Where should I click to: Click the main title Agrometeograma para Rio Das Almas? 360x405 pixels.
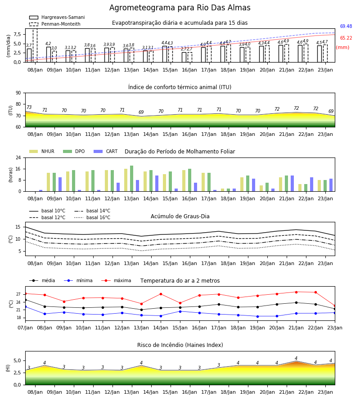180,8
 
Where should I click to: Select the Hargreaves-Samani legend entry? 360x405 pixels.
57,17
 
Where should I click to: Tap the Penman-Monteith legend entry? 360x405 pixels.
55,24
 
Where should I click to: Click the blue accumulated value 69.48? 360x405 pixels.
346,27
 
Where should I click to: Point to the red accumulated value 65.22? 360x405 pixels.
346,38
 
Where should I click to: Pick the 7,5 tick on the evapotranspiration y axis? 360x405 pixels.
17,34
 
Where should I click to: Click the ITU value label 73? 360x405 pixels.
29,107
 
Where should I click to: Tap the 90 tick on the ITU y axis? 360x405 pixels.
18,93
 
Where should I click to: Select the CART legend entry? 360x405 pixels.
105,151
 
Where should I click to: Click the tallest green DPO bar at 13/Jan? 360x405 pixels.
132,179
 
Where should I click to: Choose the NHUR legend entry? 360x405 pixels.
41,151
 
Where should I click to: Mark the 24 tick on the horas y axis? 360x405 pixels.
18,157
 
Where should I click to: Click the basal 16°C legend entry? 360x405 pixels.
92,217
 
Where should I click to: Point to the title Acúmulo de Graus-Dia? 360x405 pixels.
180,216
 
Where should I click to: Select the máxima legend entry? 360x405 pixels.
116,280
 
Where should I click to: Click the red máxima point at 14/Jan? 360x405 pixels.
161,294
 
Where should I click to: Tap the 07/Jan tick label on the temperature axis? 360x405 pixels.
25,328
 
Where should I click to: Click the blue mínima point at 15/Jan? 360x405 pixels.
180,311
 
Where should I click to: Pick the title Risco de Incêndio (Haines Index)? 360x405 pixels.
180,345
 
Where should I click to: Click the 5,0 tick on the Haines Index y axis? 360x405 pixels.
18,360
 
